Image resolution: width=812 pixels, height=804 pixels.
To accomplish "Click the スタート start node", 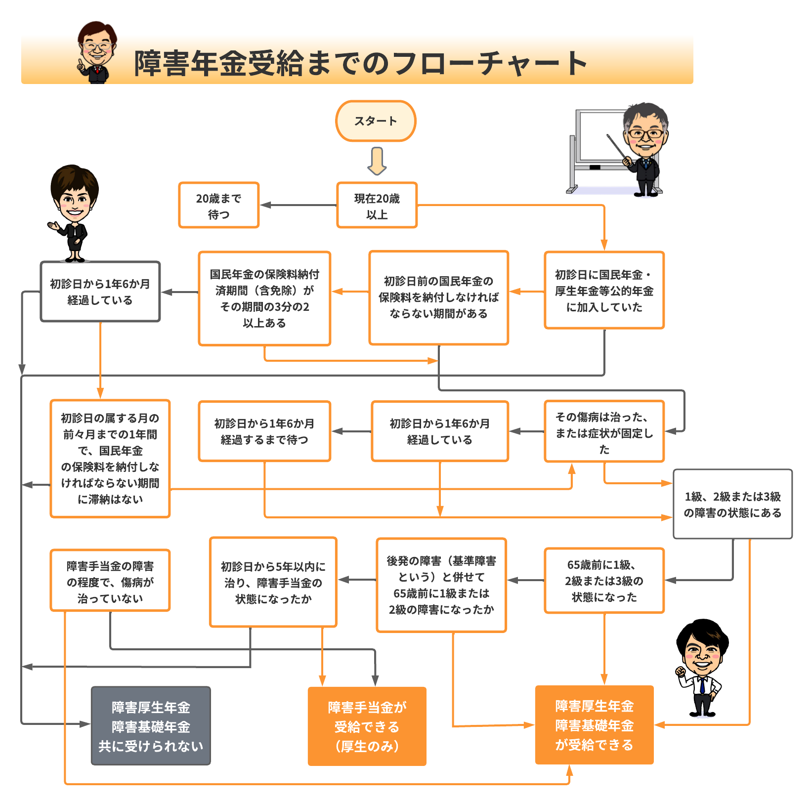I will point(376,121).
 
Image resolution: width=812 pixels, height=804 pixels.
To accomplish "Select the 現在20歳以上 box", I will point(377,205).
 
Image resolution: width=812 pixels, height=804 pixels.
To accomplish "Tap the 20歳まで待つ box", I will point(218,205).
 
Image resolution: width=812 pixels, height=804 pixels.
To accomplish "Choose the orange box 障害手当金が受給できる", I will point(367,726).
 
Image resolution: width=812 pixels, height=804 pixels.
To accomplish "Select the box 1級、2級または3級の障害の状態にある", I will point(732,504).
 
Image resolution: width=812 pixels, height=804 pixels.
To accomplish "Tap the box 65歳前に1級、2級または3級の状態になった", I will point(604,581).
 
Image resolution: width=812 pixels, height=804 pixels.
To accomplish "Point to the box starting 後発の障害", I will point(441,585).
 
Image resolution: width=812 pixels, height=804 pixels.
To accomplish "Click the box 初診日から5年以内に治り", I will point(273,582).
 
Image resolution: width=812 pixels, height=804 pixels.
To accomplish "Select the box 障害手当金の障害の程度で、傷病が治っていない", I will point(110,581).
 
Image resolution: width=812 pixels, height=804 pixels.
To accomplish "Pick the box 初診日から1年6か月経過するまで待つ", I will point(264,431).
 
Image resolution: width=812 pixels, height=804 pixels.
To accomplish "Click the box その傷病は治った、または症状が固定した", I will point(604,431).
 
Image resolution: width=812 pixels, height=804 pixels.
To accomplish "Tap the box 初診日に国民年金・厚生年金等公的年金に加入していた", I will point(604,290).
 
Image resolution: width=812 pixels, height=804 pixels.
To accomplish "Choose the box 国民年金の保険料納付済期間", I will point(264,298).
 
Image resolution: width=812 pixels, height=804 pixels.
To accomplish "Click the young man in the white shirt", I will point(702,667).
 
